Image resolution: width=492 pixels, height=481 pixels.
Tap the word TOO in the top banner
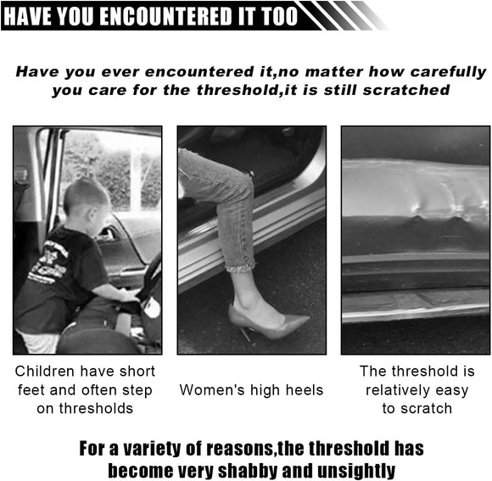277,15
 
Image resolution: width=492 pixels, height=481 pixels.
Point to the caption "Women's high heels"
251,390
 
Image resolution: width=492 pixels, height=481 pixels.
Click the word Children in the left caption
50,372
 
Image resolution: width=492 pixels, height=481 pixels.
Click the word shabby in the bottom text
247,468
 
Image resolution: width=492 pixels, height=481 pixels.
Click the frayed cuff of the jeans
241,264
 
